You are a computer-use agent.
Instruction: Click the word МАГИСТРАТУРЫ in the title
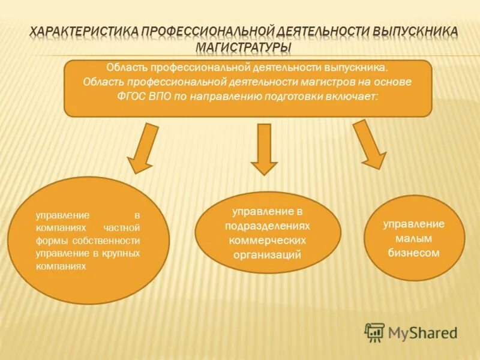tap(243, 46)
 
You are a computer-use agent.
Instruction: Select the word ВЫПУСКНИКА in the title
tap(415, 30)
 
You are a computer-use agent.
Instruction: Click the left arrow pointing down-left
tap(141, 148)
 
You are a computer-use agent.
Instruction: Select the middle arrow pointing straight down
tap(263, 149)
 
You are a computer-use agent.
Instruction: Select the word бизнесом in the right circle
tap(414, 253)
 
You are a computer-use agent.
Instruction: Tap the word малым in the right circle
tap(414, 238)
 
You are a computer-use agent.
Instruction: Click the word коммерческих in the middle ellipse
tap(268, 240)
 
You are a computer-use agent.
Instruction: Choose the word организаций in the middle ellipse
tap(268, 254)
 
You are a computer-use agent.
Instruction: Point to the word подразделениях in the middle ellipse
tap(268, 226)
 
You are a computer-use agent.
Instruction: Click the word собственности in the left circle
tap(113, 241)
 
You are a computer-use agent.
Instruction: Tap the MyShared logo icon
tap(374, 331)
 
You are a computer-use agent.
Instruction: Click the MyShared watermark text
tap(424, 332)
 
